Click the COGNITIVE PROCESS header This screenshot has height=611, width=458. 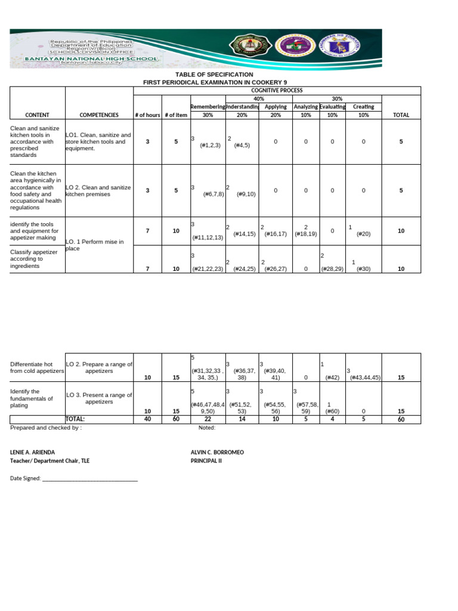(x=286, y=90)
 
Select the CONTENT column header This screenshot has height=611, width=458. (x=37, y=115)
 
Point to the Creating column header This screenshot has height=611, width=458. (x=364, y=107)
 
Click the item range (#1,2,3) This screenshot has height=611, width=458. (x=211, y=145)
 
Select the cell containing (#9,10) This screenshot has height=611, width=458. (x=246, y=194)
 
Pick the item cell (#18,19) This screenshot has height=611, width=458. (x=305, y=234)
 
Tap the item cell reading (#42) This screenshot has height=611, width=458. (x=332, y=377)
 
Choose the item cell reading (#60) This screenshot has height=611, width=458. (x=332, y=411)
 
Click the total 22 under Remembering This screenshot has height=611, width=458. (x=208, y=419)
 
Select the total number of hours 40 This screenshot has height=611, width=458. (x=147, y=419)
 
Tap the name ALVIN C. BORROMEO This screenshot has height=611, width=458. (x=217, y=452)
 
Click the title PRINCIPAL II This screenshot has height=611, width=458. (x=206, y=461)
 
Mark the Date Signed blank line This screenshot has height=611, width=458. (x=89, y=479)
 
